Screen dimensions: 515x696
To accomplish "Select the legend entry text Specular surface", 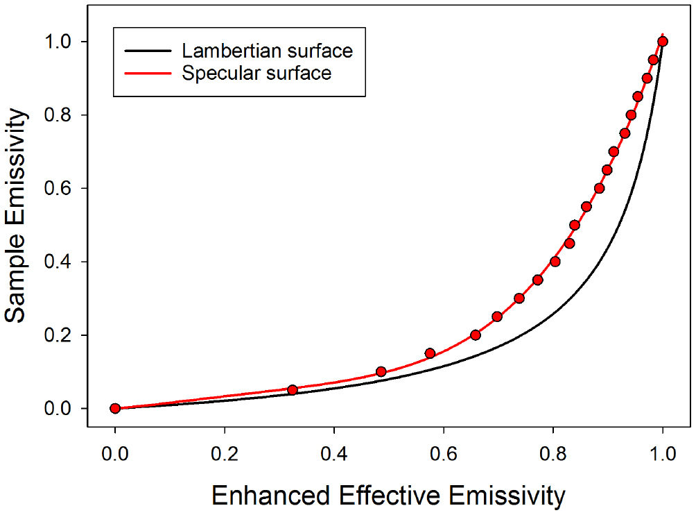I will (x=256, y=73).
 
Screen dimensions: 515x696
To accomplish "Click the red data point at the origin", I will (x=115, y=408).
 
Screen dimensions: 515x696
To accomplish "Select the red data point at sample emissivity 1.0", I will (x=663, y=42).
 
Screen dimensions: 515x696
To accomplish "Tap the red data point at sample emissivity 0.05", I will (x=293, y=390).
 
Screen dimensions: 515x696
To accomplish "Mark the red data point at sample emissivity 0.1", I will (x=381, y=371).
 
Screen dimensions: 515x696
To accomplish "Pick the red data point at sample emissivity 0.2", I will (x=476, y=335).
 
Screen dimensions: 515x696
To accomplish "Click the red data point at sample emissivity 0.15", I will (x=430, y=353).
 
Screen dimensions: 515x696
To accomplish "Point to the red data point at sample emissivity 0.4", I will (x=555, y=262).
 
